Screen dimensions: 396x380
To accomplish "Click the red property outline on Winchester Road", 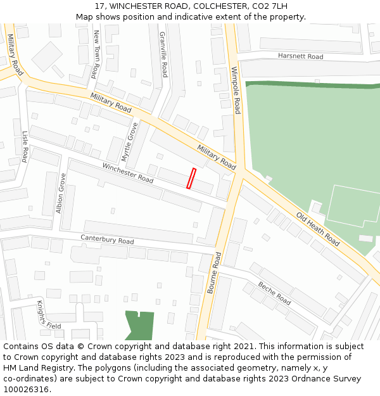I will (191, 178).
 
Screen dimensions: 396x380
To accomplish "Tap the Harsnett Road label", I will (300, 56).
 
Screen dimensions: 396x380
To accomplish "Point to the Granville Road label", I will (163, 54).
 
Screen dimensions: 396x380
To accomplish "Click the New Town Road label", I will (96, 54).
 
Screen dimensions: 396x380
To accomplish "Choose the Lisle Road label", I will (25, 146).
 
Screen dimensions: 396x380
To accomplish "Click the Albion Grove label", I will (61, 193).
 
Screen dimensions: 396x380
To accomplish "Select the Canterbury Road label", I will (107, 240).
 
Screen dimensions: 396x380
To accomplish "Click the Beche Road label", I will (274, 293).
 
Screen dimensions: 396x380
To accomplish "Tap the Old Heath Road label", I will (318, 229).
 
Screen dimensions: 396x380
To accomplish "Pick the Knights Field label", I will (48, 315).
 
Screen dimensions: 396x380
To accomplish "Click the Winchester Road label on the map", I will (128, 173).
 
